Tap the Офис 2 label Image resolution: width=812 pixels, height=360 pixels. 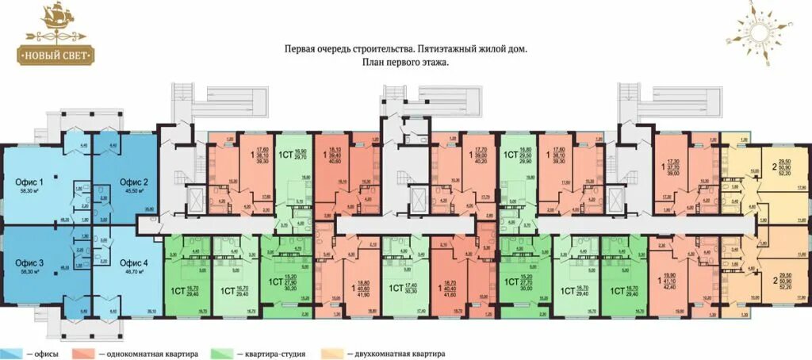134,182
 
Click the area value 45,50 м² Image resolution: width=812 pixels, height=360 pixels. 134,191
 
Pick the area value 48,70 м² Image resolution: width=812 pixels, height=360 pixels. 134,271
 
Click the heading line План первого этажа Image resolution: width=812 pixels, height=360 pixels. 405,63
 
